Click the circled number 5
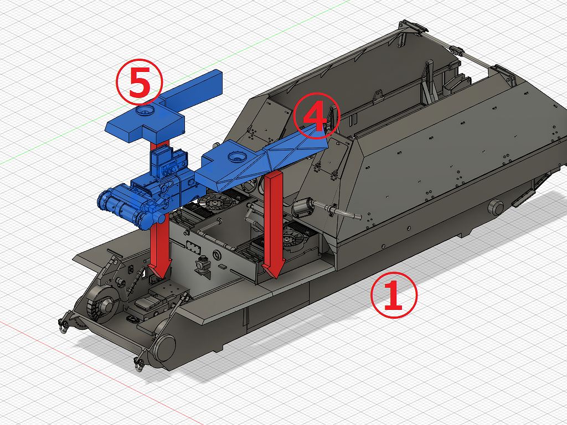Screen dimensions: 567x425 [x=139, y=82]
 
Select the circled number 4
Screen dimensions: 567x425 [x=316, y=116]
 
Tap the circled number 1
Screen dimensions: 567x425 [x=394, y=296]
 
